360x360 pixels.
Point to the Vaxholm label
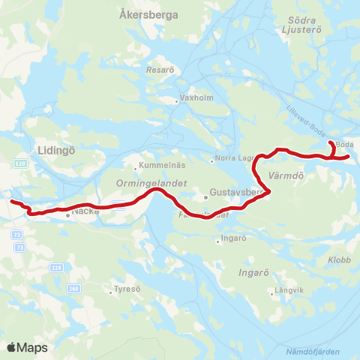coord(193,100)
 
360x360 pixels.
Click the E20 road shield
coord(20,162)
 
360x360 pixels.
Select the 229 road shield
coord(55,267)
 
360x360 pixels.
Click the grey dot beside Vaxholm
coord(177,100)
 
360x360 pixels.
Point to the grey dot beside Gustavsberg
coord(205,197)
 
